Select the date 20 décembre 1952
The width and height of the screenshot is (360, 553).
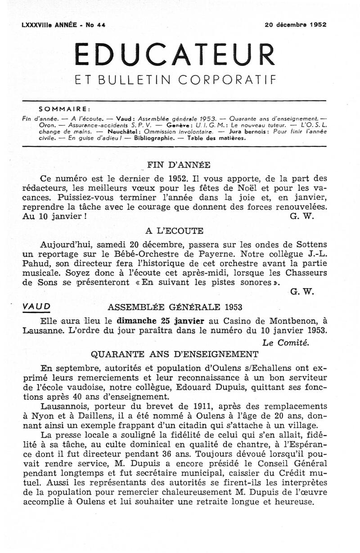[x=296, y=25]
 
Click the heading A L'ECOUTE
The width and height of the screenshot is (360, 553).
[x=175, y=231]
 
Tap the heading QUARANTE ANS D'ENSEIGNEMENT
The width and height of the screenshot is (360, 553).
[x=175, y=353]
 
